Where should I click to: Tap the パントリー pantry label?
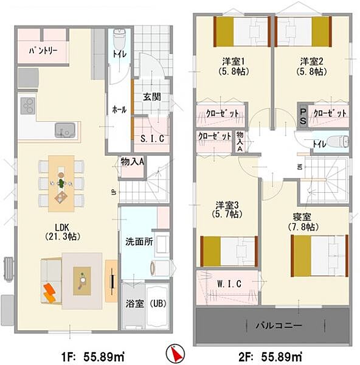pos(43,50)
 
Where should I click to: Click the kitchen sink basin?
pos(65,130)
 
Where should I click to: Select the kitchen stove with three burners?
pos(28,106)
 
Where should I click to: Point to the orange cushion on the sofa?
pos(50,293)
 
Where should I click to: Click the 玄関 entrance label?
pos(152,97)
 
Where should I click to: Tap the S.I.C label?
pos(152,139)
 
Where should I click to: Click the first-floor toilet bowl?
pos(119,39)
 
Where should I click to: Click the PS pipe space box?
pos(303,116)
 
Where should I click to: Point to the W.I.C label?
pos(229,284)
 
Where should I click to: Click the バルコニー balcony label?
pos(279,325)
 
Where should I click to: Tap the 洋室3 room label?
pos(227,205)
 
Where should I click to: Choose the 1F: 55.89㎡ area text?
pos(93,356)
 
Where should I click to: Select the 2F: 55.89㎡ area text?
pos(270,356)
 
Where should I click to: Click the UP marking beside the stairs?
pos(114,192)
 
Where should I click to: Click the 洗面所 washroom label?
pos(139,242)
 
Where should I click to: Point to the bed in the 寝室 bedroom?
pos(319,255)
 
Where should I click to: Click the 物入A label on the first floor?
pos(132,162)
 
